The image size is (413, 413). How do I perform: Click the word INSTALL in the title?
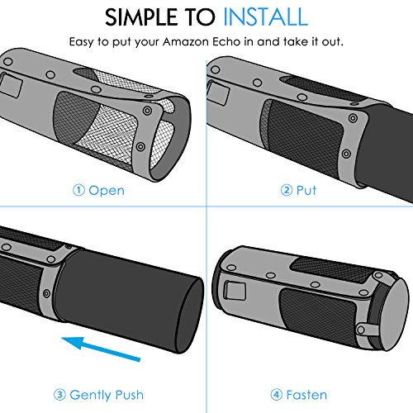click(265, 17)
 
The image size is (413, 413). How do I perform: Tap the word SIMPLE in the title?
click(141, 17)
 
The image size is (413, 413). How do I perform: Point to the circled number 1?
click(78, 190)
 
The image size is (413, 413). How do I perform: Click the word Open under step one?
click(107, 191)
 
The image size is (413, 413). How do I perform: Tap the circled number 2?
click(287, 190)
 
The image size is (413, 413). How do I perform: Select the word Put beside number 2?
click(306, 190)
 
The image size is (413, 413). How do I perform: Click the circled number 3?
click(59, 395)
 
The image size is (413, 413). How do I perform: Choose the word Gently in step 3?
click(91, 396)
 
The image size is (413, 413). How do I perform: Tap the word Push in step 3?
click(130, 395)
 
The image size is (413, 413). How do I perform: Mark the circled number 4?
click(277, 395)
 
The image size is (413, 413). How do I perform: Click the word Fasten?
click(306, 395)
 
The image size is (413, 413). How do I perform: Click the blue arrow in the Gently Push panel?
click(101, 349)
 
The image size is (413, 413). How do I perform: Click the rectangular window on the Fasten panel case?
click(235, 291)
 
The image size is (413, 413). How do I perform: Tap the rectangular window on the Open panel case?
click(11, 85)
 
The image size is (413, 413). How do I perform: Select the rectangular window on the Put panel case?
click(218, 93)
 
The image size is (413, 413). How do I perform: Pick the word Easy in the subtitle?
click(82, 42)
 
